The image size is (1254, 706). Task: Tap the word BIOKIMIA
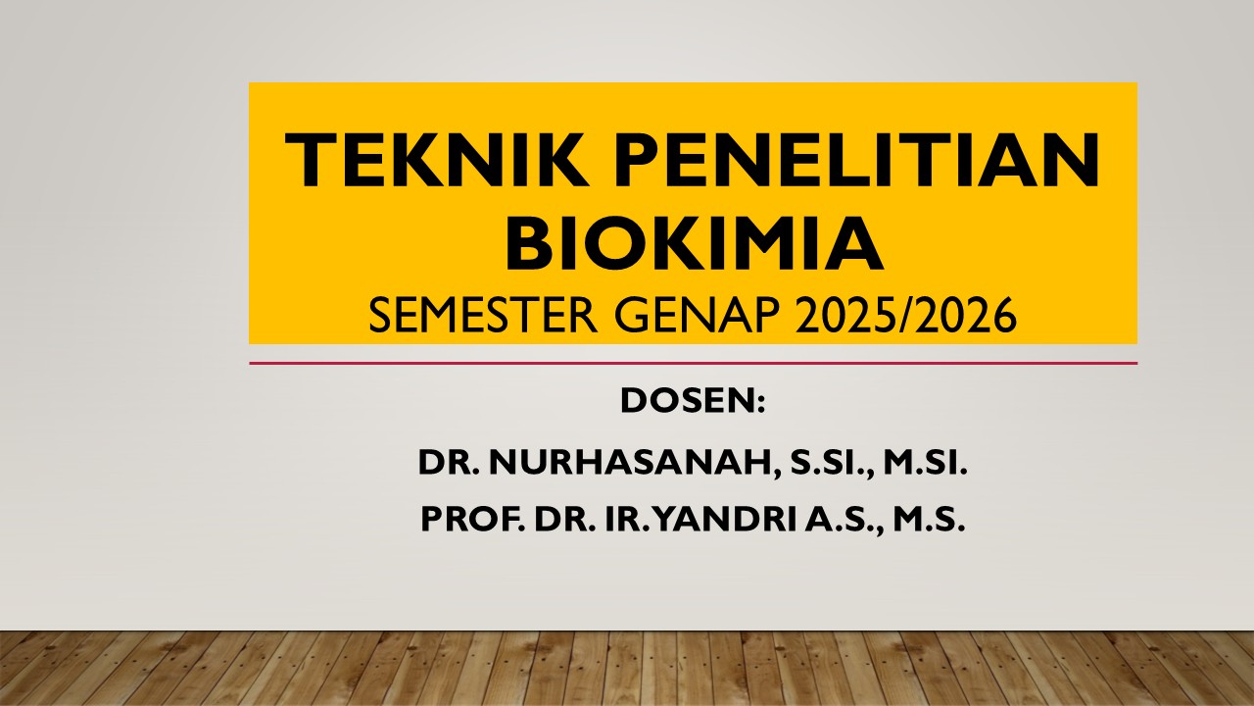(x=694, y=244)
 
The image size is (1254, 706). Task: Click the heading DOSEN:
(x=692, y=402)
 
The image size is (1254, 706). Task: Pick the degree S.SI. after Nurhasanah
(x=822, y=463)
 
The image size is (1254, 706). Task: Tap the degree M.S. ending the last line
(x=932, y=521)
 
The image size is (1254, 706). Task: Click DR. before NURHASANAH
(x=446, y=463)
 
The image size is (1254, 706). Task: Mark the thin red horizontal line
(x=693, y=363)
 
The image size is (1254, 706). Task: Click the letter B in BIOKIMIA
(x=530, y=244)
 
